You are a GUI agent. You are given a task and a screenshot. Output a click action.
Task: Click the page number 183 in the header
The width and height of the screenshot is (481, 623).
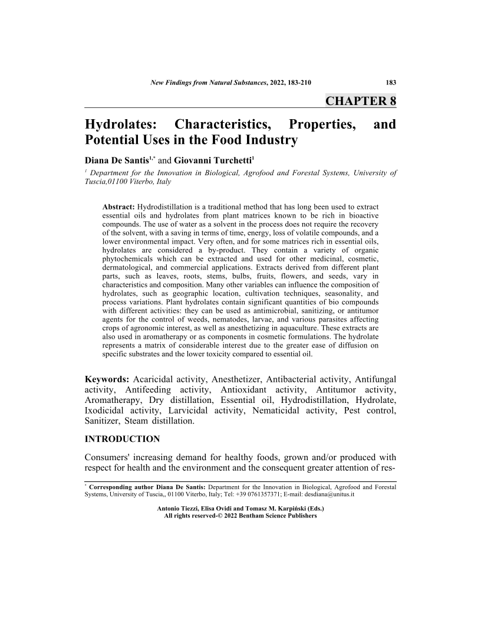tap(390, 82)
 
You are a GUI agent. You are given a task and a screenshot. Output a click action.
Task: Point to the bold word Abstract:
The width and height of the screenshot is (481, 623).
tap(118, 208)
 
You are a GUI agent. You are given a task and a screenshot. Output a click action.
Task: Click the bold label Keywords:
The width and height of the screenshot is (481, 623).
tap(107, 378)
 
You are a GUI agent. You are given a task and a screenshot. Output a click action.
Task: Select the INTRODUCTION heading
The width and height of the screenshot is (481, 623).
tap(123, 439)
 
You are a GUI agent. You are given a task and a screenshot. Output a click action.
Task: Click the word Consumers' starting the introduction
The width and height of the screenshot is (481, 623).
tap(112, 458)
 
